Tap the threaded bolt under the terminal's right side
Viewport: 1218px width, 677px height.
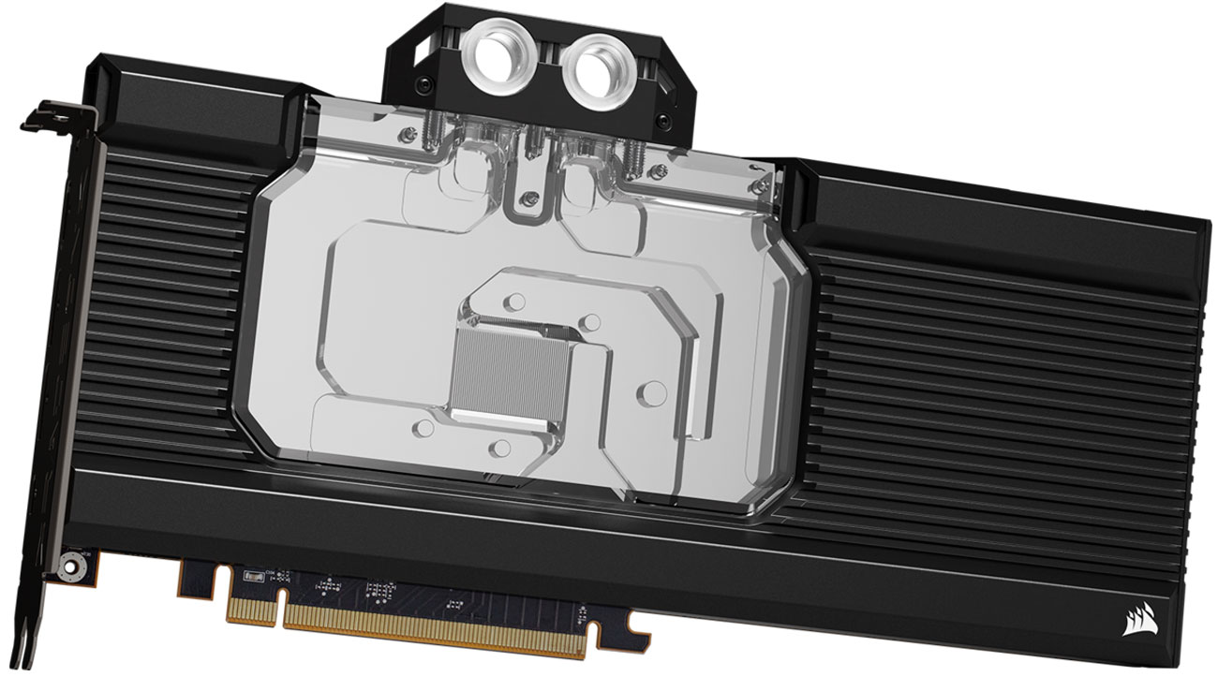[626, 150]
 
